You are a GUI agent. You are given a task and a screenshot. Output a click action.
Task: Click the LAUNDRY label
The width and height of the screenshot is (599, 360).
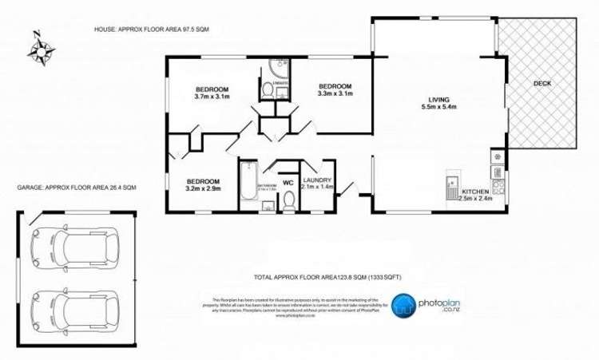317,180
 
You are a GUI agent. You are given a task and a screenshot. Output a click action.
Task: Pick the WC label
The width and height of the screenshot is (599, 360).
288,183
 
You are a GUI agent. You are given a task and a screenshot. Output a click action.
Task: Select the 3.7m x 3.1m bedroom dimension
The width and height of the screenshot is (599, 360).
212,97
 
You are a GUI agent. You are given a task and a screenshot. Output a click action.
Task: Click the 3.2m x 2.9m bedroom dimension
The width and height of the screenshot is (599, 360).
203,188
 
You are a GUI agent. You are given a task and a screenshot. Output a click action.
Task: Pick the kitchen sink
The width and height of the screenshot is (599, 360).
452,184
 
